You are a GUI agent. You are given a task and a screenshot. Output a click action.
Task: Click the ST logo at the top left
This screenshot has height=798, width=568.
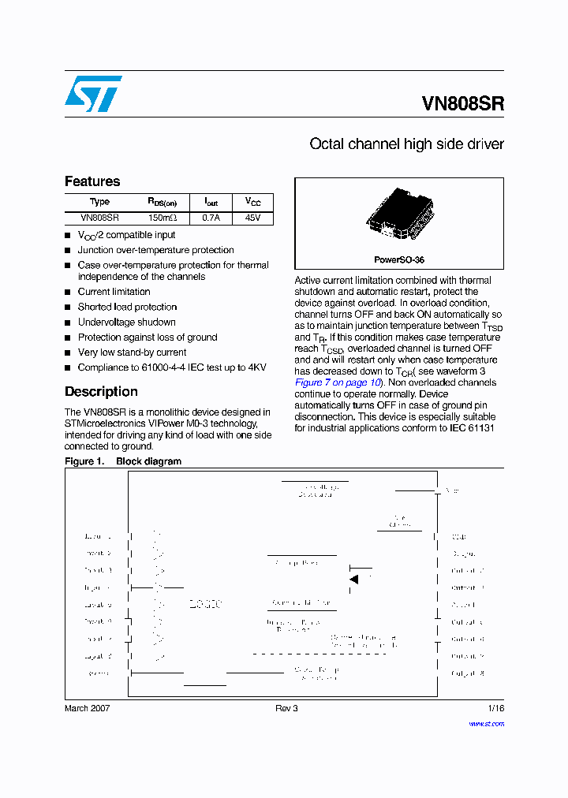[93, 93]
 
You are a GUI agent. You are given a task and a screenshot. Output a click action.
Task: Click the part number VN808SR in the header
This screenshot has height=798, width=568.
[463, 104]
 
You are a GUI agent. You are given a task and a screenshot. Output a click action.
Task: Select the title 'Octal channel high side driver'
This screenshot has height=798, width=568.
[406, 144]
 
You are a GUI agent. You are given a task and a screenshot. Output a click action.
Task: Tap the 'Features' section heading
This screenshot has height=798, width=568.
[92, 181]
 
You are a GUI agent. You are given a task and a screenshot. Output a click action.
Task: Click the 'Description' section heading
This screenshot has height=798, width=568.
[101, 392]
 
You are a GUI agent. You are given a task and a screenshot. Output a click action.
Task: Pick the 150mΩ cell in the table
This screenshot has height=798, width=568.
[163, 218]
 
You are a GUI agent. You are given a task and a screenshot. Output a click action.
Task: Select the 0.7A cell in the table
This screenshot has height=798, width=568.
[211, 218]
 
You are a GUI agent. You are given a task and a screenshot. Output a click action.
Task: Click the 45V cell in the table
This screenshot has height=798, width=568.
[252, 218]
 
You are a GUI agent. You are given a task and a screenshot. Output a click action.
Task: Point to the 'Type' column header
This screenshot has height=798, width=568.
[100, 202]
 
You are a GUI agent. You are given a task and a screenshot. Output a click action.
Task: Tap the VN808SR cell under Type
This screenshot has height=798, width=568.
[100, 218]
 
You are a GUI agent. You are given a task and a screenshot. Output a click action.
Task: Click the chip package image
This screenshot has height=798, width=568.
[399, 215]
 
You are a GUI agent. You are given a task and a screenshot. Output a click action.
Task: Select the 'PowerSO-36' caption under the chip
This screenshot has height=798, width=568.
[399, 259]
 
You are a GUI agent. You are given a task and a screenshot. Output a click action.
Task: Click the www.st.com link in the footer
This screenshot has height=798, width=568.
[486, 722]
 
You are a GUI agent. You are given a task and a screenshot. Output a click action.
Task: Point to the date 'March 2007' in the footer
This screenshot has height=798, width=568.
[87, 708]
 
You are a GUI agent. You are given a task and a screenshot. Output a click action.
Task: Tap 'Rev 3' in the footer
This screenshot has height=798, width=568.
[286, 708]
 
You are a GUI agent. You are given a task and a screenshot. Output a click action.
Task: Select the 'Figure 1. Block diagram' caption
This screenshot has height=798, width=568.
[123, 461]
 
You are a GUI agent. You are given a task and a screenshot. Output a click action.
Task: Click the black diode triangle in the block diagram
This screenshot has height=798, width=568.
[354, 580]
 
